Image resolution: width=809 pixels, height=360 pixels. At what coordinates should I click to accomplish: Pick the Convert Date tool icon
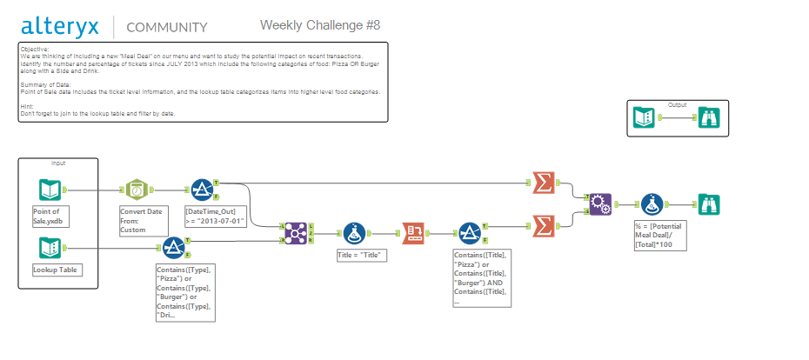(136, 189)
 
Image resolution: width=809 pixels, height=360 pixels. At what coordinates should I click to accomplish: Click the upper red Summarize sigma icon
(542, 183)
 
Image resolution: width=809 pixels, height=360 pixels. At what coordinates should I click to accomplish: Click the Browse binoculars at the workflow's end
(708, 204)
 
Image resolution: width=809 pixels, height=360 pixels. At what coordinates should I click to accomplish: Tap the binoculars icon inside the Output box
(708, 119)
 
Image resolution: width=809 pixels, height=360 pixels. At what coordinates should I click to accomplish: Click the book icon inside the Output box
(645, 119)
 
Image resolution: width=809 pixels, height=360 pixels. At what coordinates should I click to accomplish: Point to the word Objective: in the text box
(35, 50)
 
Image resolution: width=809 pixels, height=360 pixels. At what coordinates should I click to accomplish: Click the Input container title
(58, 163)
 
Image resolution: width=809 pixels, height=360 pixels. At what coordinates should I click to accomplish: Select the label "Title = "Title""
(361, 257)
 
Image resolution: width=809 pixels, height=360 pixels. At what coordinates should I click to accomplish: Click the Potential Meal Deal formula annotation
(658, 235)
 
